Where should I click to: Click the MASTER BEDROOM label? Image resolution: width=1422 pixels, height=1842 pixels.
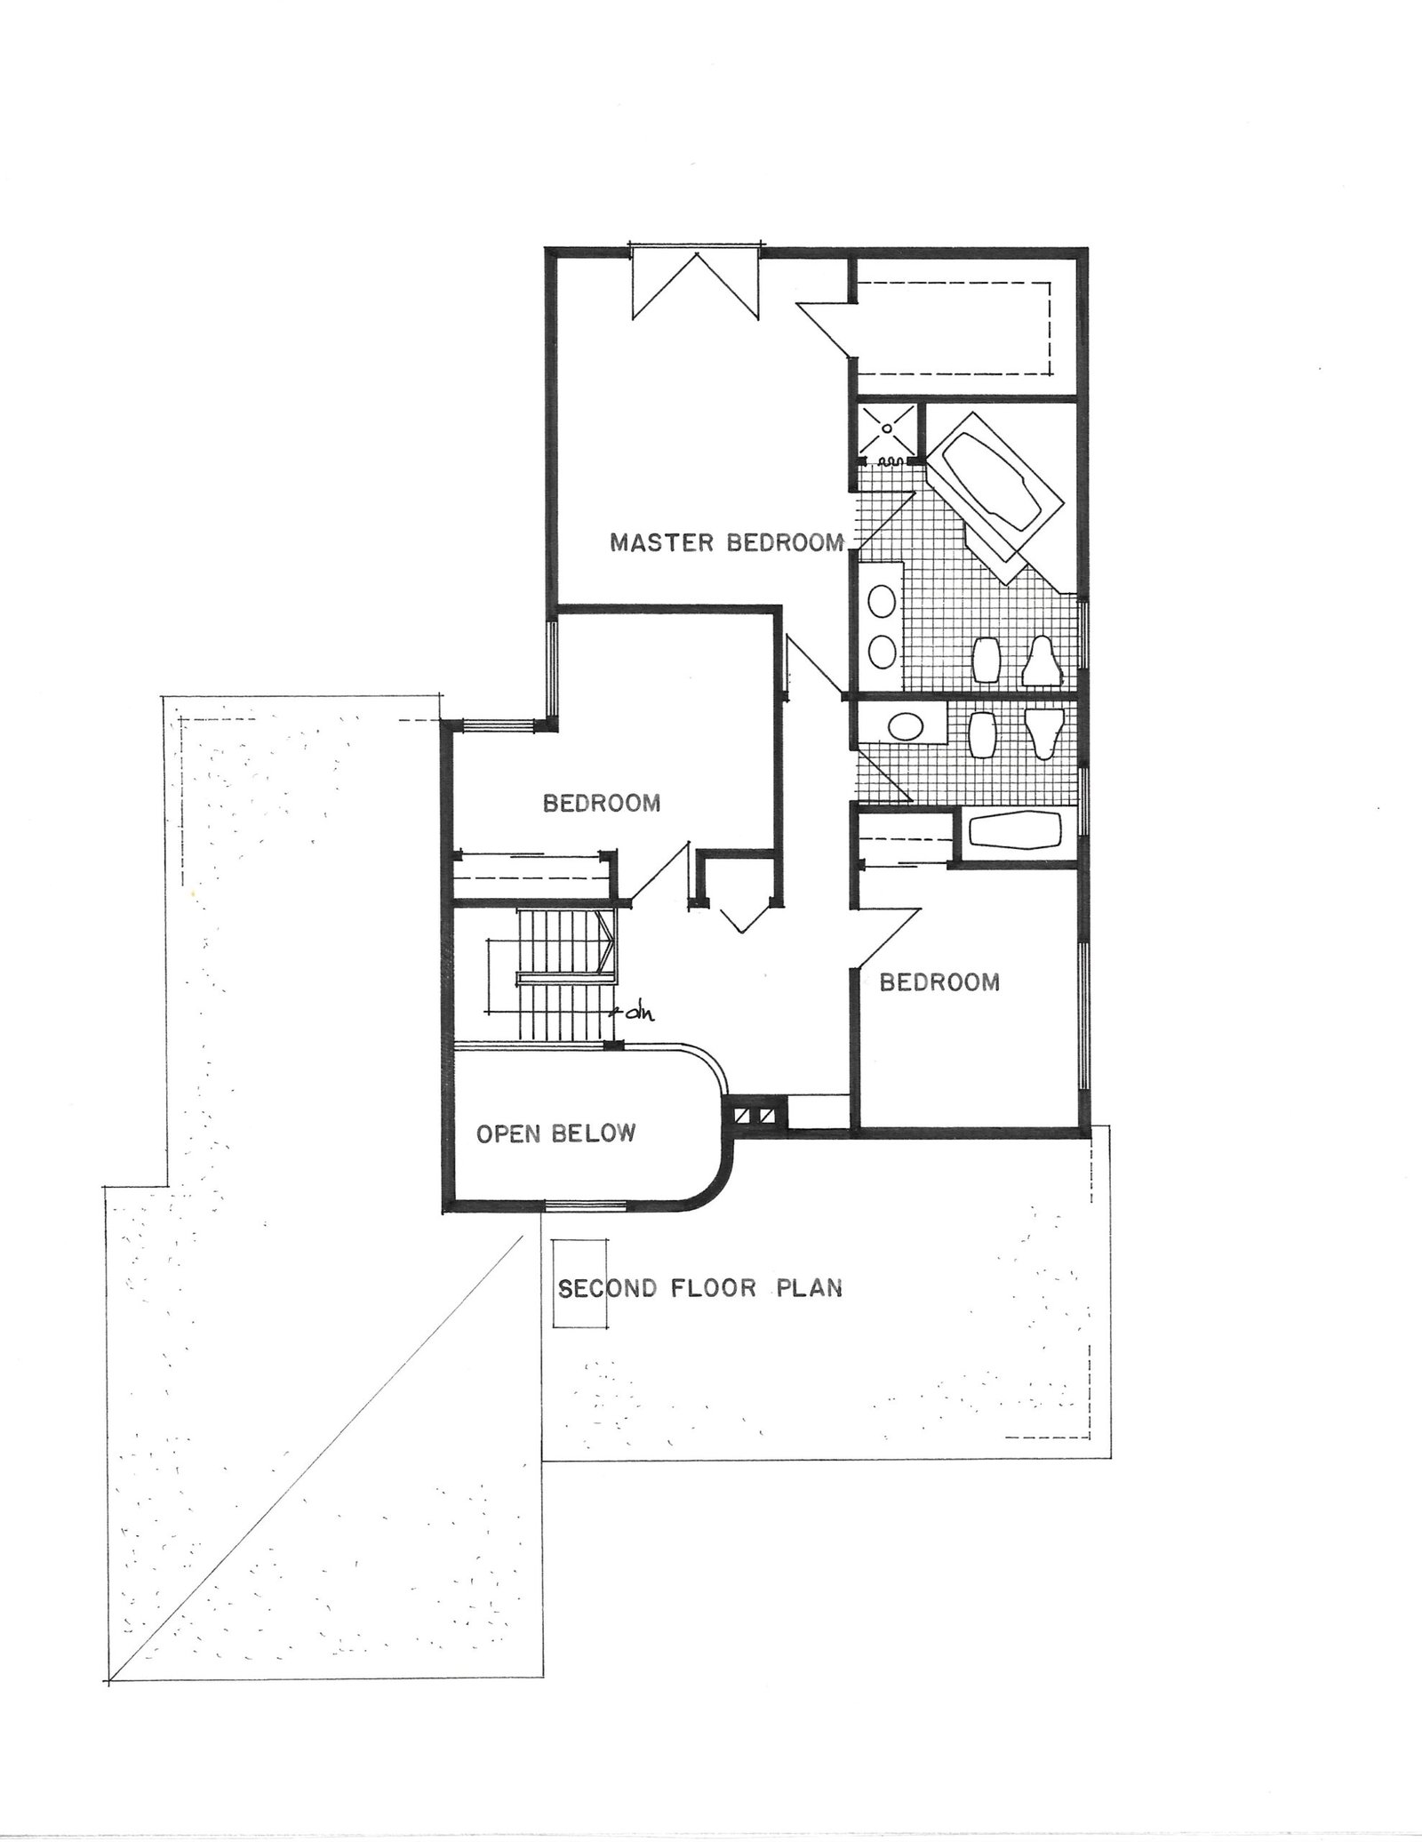click(726, 541)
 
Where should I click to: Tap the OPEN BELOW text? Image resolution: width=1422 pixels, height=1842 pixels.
click(556, 1133)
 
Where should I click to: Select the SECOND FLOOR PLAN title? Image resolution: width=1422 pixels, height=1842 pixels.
click(699, 1287)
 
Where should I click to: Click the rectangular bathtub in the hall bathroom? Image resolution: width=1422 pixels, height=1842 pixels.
click(1015, 832)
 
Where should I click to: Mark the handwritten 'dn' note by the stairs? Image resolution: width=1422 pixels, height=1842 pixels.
click(633, 1012)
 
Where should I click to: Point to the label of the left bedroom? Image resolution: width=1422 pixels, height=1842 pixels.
click(602, 804)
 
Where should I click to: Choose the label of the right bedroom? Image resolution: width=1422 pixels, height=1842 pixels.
click(939, 981)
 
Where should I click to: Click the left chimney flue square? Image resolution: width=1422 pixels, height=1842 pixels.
click(741, 1116)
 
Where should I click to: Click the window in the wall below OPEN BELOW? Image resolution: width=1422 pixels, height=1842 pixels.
click(585, 1205)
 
